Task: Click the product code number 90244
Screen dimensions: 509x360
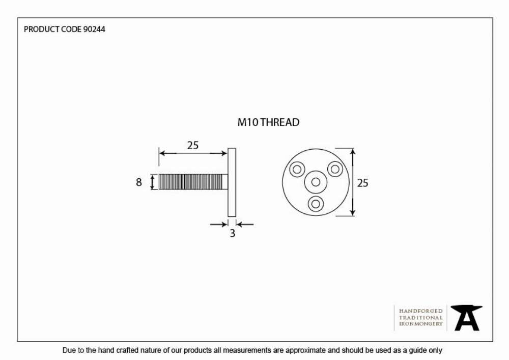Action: (x=94, y=29)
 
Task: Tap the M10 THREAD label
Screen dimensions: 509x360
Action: (x=268, y=122)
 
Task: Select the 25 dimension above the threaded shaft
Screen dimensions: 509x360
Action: (x=193, y=145)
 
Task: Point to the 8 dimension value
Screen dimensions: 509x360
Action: (x=139, y=182)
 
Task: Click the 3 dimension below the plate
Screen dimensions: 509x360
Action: (x=233, y=233)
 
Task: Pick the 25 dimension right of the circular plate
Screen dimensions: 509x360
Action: (x=362, y=183)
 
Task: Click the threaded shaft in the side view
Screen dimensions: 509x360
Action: (x=193, y=182)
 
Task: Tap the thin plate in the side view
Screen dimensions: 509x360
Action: (x=232, y=182)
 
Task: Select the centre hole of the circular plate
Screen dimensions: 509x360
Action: (x=316, y=182)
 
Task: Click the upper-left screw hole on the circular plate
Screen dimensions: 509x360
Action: (x=297, y=169)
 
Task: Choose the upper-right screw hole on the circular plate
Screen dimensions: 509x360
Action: (x=335, y=169)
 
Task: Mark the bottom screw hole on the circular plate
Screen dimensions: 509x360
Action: (x=316, y=204)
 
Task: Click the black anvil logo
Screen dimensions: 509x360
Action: (x=466, y=318)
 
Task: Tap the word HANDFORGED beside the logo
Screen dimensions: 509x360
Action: (x=421, y=311)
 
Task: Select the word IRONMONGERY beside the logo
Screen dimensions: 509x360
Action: (x=421, y=324)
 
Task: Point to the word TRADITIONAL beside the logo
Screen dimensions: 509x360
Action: (x=421, y=317)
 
